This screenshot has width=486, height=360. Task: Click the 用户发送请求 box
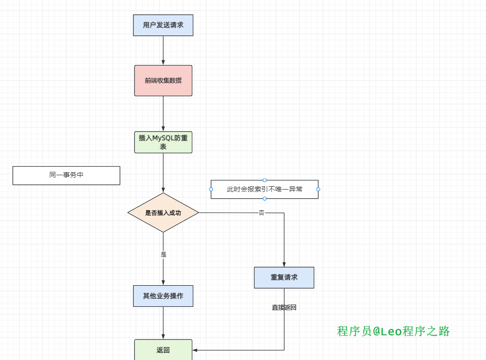pos(163,25)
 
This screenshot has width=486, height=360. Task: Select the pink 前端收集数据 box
pos(163,80)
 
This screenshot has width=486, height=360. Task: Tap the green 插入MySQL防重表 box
pos(163,142)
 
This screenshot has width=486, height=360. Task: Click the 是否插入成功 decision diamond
pos(163,213)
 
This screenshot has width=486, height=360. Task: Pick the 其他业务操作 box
pos(163,296)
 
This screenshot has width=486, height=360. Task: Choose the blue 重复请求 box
pos(284,278)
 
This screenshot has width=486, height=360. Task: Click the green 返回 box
pos(163,350)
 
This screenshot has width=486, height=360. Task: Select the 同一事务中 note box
pos(66,175)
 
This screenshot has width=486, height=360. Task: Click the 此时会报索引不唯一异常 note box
pos(265,189)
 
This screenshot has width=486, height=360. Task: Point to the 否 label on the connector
pos(261,213)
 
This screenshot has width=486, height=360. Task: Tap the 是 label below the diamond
pos(164,255)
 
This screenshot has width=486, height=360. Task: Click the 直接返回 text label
pos(284,307)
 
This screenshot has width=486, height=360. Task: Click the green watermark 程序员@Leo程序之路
pos(393,331)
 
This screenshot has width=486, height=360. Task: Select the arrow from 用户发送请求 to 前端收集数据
pos(163,50)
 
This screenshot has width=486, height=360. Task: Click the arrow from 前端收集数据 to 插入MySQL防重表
pos(163,114)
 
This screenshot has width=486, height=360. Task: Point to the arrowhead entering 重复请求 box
pos(284,264)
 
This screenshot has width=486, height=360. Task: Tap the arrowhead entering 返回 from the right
pos(195,350)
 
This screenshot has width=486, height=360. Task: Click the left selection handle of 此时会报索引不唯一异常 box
pos(211,189)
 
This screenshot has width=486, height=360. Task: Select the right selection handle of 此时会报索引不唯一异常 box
pos(318,189)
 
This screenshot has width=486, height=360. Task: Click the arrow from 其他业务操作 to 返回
pos(163,323)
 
